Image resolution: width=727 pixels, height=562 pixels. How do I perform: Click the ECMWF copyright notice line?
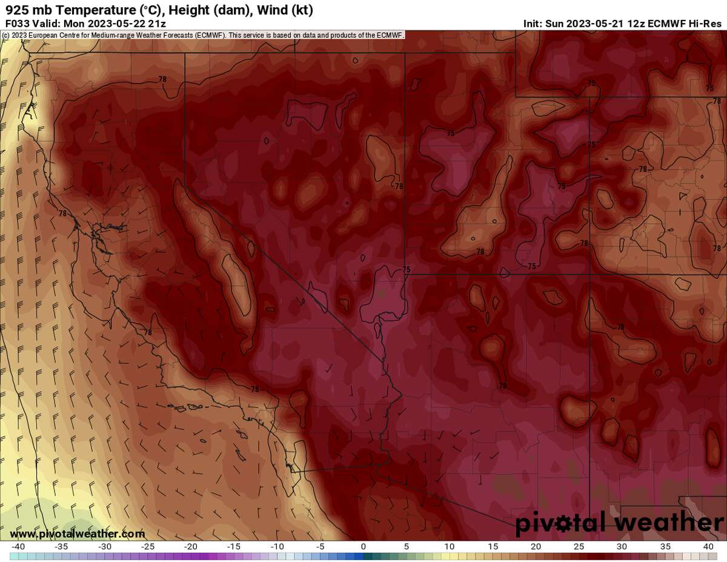[x=202, y=35]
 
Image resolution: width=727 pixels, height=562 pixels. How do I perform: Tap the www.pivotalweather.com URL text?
[x=78, y=534]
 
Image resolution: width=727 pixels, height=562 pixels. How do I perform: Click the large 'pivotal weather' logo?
[x=619, y=523]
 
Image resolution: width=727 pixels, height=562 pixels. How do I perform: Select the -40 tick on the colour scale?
[x=19, y=547]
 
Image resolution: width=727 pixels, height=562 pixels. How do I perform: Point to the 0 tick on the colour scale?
[x=363, y=547]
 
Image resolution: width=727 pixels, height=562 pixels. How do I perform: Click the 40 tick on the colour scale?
[x=708, y=547]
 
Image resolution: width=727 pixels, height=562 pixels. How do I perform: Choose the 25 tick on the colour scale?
[x=579, y=547]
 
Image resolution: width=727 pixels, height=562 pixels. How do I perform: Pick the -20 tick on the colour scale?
[x=191, y=547]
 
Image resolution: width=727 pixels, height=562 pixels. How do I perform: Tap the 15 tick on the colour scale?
[x=492, y=547]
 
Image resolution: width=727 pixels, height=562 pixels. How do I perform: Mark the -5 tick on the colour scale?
[x=320, y=547]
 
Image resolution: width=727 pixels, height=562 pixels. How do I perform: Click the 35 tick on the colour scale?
[x=665, y=547]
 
